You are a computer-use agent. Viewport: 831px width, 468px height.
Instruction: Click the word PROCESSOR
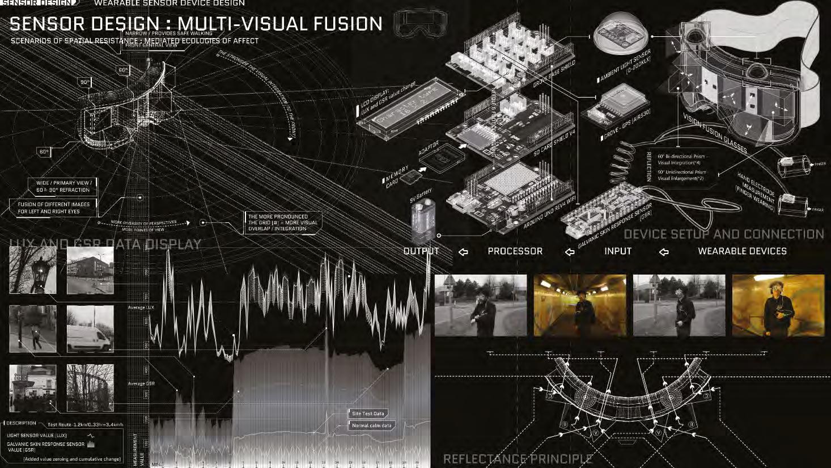(x=515, y=251)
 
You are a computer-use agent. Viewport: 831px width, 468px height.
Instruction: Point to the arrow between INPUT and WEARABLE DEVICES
(x=664, y=251)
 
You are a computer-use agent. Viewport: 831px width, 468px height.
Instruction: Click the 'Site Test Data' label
(x=368, y=414)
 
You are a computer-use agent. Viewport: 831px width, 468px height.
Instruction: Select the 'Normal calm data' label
(x=371, y=425)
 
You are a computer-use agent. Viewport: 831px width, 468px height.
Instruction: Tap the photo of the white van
(x=90, y=330)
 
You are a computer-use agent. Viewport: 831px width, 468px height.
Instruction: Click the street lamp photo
(x=33, y=270)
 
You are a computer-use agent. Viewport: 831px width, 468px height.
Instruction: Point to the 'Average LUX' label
(x=141, y=307)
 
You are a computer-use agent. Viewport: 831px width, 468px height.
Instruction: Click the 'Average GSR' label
(x=141, y=383)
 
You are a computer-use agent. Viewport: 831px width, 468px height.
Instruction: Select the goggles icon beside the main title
(x=416, y=23)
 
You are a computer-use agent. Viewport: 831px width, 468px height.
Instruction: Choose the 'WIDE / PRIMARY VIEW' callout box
(x=63, y=186)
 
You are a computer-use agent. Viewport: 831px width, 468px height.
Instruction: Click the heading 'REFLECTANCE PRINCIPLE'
(x=518, y=459)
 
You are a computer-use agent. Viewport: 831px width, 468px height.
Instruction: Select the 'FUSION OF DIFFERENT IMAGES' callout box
(x=53, y=208)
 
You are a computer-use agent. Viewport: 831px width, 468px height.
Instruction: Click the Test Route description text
(x=85, y=424)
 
